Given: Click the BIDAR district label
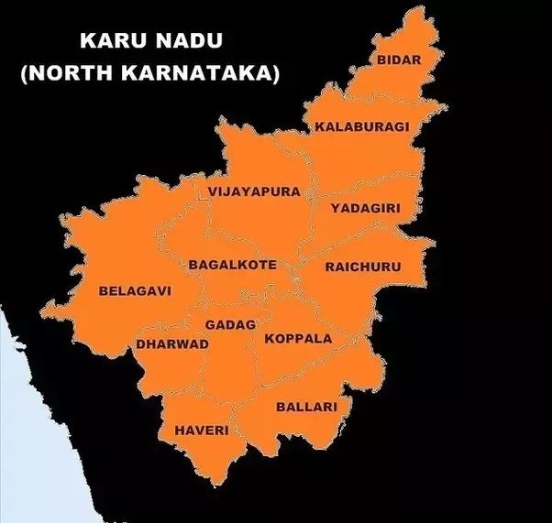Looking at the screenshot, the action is click(x=398, y=60).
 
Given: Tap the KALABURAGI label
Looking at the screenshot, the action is click(x=362, y=126).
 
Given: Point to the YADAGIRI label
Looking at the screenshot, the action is click(x=366, y=208).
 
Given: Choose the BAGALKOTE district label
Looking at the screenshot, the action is click(x=232, y=265).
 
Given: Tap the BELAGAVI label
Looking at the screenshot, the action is click(x=135, y=290).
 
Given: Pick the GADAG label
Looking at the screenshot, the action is click(x=230, y=324).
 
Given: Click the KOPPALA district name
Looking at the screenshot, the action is click(x=298, y=338).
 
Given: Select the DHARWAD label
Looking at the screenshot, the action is click(x=172, y=343).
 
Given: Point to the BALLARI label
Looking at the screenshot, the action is click(x=307, y=406).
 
